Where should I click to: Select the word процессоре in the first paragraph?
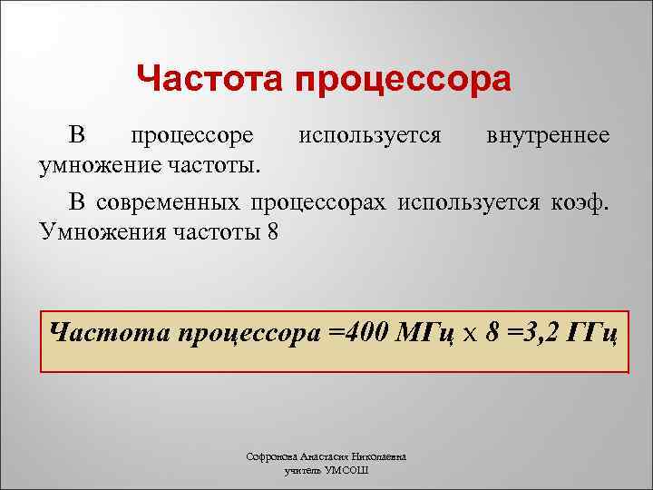point(191,136)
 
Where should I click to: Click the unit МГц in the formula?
point(424,332)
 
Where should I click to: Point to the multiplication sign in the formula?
point(469,333)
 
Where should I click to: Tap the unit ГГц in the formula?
point(592,332)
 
